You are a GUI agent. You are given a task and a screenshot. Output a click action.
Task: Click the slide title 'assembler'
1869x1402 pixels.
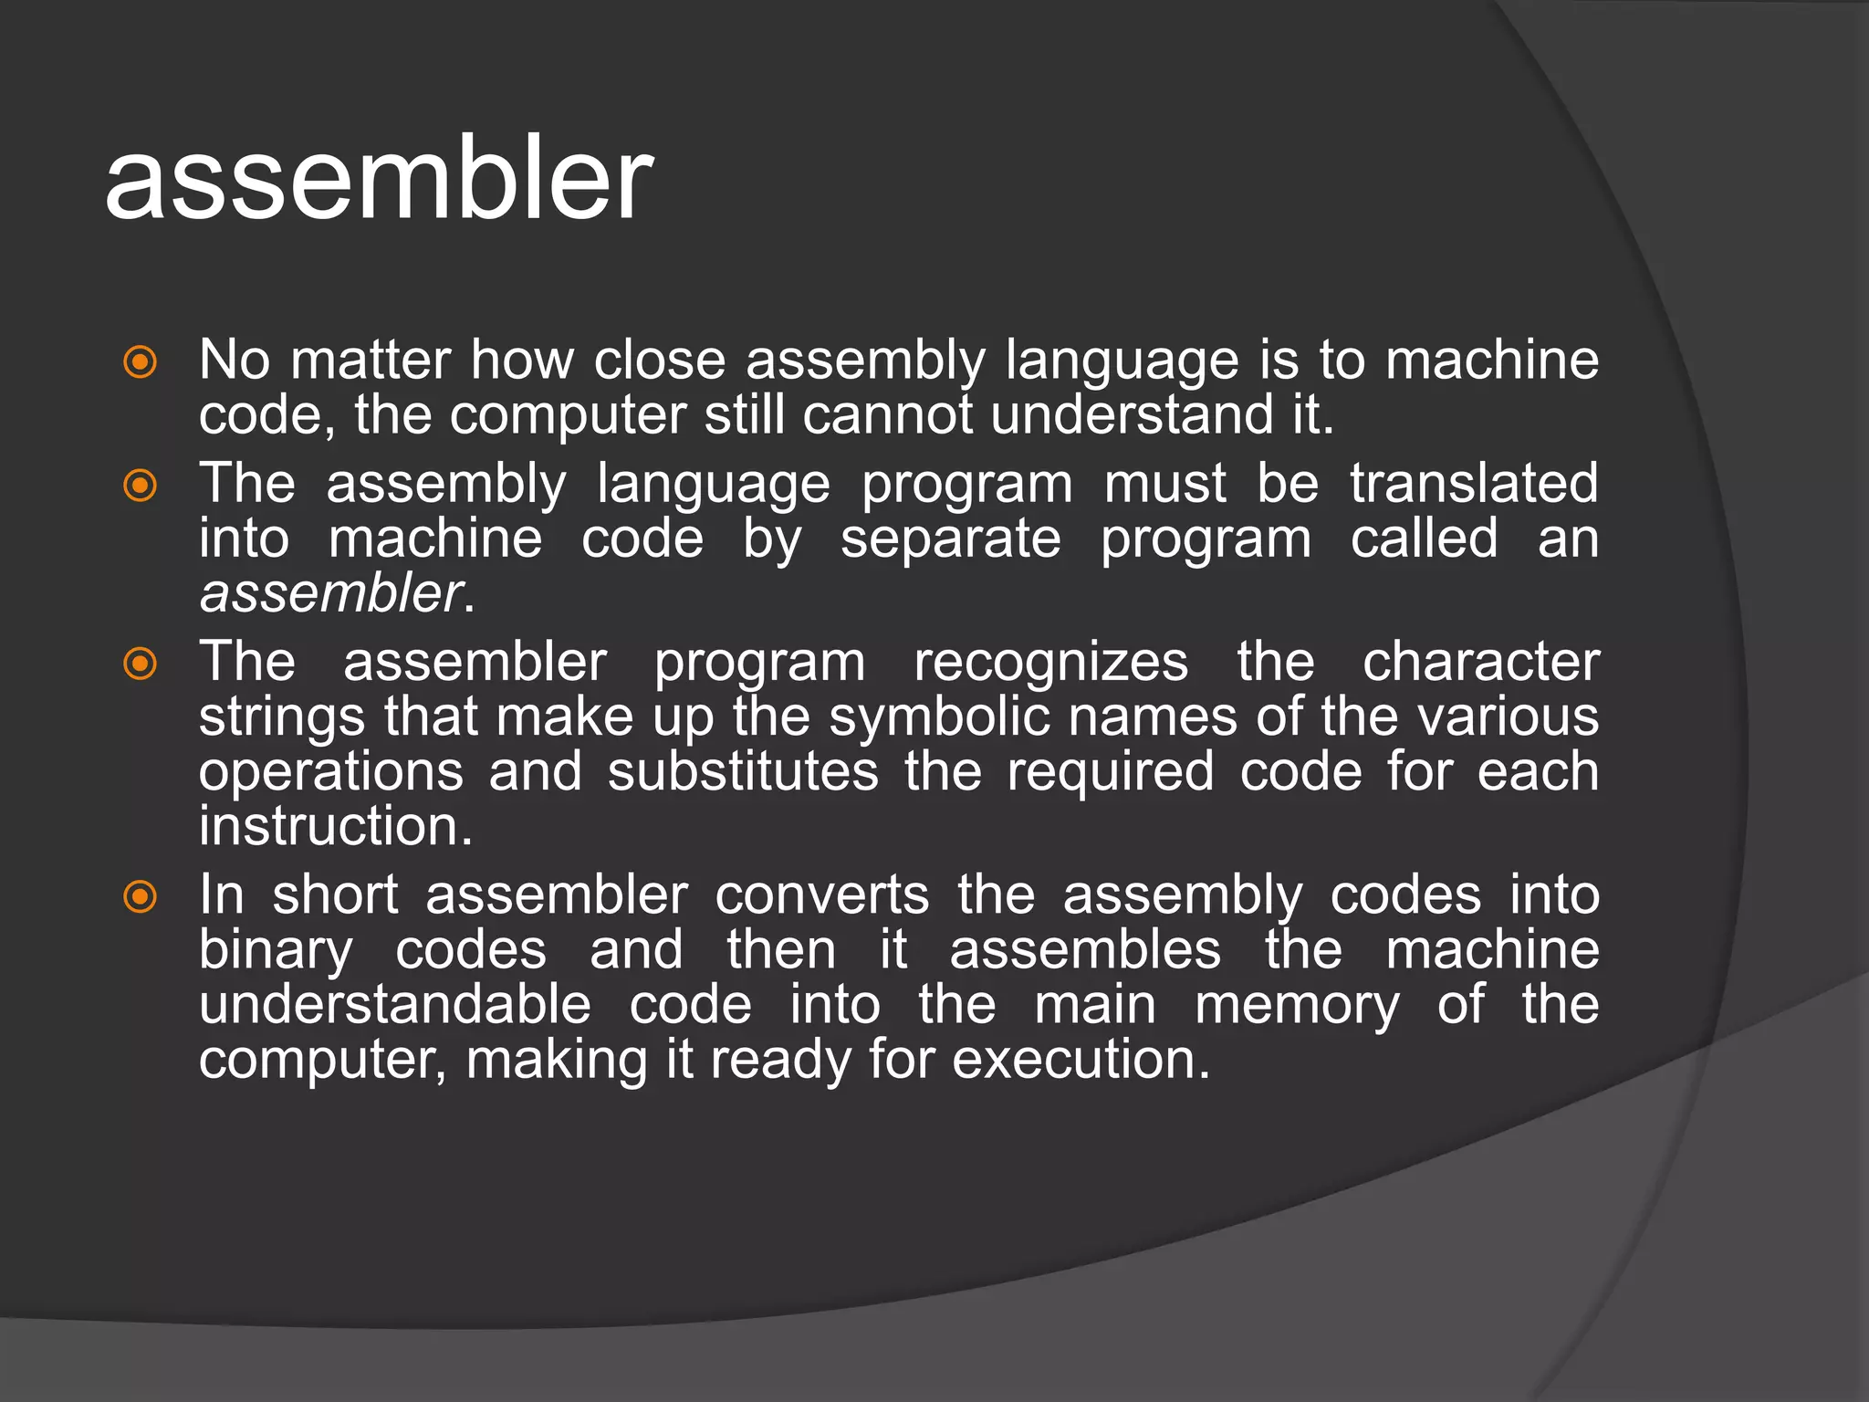379,180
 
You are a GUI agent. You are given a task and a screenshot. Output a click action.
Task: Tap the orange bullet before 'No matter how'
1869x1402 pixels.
140,362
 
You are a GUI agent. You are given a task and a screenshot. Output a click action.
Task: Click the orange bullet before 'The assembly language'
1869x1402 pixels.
140,486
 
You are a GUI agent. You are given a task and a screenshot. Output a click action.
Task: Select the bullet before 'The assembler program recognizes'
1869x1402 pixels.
140,664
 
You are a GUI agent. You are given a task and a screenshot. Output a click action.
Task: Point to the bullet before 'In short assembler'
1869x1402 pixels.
140,896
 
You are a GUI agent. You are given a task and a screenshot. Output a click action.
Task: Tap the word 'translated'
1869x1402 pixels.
1474,483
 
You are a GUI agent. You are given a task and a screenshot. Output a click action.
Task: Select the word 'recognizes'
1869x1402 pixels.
1051,662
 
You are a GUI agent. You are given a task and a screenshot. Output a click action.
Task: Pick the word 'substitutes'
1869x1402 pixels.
743,771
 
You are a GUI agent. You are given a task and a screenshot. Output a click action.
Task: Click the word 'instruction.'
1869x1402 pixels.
336,826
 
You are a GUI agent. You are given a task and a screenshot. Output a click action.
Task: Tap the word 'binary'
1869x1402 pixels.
276,951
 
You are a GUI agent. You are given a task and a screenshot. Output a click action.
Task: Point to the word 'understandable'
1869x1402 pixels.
395,1005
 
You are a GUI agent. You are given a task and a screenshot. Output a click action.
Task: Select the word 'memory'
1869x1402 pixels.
1297,1006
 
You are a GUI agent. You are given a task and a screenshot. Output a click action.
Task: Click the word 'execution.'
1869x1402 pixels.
1081,1061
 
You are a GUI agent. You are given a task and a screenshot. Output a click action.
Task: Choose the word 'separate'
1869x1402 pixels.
950,539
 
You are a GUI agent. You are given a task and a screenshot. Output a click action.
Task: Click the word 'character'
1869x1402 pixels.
1480,662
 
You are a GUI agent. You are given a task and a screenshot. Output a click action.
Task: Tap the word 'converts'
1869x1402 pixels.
821,895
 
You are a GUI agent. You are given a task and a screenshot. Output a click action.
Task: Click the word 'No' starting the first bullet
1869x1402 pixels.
234,360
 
